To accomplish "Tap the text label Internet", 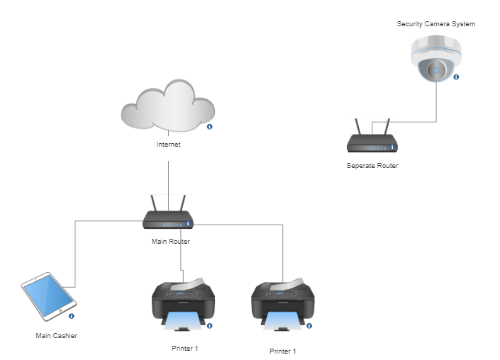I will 169,145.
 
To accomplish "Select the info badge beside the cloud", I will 210,127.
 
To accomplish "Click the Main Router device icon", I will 167,220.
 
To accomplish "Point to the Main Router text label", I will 171,242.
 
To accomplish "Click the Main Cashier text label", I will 57,336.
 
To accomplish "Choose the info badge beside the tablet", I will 72,316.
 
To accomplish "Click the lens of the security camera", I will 435,69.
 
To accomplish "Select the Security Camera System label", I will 436,24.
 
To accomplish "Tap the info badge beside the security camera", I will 456,77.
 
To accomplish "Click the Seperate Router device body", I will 371,147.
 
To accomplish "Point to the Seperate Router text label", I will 372,166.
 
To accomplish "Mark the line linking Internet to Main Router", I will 168,181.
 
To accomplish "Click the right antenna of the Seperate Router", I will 387,128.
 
